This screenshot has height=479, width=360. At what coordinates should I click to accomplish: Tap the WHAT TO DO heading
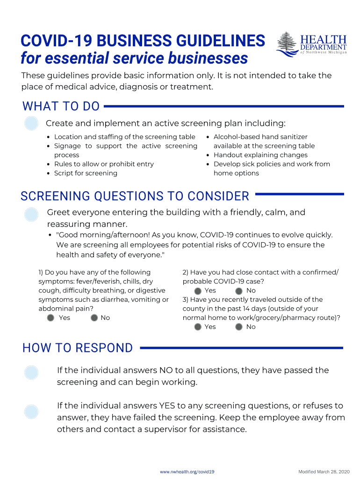tap(61, 107)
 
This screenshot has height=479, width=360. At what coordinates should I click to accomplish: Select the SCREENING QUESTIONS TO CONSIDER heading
tap(135, 196)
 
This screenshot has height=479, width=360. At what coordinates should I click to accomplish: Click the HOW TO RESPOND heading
tap(78, 348)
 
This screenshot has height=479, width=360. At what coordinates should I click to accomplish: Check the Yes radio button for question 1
tap(51, 318)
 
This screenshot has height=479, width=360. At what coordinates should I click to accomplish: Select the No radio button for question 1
tap(94, 318)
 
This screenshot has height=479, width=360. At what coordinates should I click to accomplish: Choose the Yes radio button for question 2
tap(198, 291)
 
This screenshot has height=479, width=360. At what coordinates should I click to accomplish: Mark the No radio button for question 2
tap(239, 291)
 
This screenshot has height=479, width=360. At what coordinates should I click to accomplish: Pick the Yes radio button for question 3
tap(198, 327)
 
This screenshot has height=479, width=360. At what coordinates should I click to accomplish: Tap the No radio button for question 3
tap(239, 327)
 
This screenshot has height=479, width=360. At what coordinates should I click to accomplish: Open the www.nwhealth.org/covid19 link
tap(187, 472)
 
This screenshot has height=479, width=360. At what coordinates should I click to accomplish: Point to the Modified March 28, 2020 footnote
tap(324, 472)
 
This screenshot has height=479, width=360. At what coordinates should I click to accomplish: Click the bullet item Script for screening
tap(86, 173)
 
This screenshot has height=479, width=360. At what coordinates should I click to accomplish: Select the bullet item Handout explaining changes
tap(260, 155)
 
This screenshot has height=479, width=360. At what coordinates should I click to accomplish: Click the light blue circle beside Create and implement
tap(31, 123)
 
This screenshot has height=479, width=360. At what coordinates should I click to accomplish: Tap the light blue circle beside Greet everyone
tap(31, 214)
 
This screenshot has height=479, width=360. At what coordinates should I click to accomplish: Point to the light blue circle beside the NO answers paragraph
tap(31, 372)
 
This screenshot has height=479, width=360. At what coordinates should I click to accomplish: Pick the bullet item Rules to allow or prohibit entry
tap(104, 164)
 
